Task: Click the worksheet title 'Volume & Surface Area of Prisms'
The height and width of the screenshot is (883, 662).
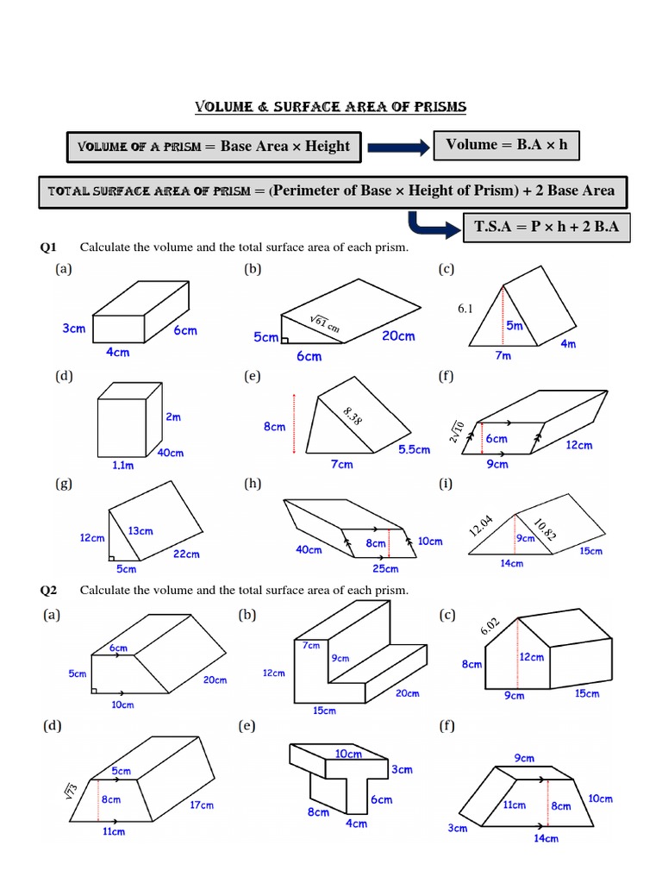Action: (x=330, y=107)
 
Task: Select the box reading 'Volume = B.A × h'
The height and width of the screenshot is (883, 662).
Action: (x=506, y=145)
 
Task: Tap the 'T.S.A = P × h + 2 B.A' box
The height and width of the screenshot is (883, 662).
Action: (x=546, y=228)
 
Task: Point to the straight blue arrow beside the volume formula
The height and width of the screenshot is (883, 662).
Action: (x=398, y=149)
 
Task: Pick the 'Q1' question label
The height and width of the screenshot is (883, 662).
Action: (x=48, y=248)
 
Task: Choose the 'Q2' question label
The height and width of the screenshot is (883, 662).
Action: (x=48, y=590)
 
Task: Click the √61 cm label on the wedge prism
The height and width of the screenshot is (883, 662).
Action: (x=325, y=325)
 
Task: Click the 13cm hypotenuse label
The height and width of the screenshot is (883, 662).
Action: (x=141, y=532)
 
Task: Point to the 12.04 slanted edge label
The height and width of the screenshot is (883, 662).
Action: (x=479, y=524)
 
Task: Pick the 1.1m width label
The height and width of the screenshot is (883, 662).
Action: (x=124, y=465)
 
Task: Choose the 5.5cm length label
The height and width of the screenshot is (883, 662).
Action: (x=414, y=449)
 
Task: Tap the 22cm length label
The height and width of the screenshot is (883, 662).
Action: (x=186, y=554)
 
